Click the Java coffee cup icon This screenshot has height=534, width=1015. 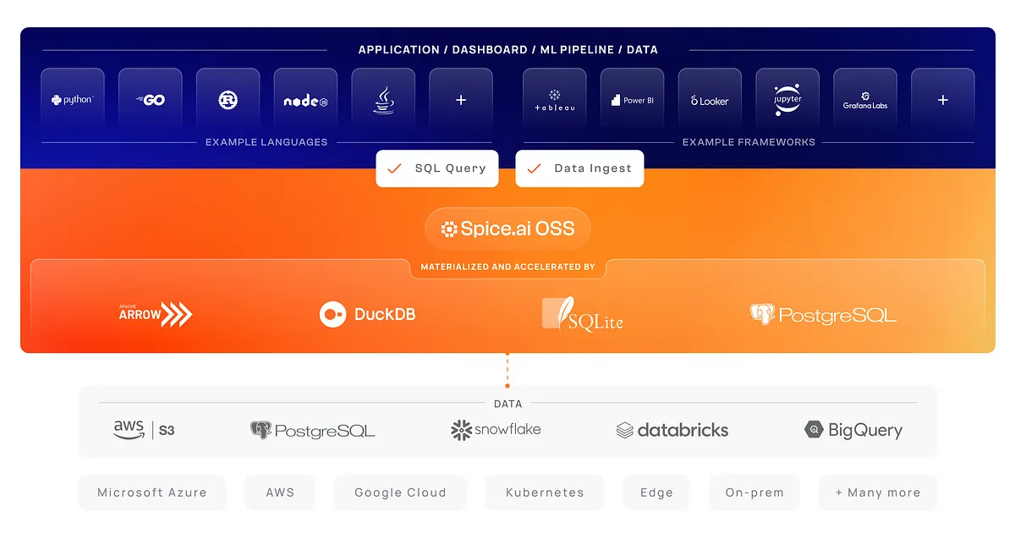(384, 100)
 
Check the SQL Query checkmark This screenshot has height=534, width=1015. (394, 168)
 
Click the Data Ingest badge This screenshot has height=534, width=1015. (579, 168)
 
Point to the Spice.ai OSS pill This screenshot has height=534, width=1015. (508, 229)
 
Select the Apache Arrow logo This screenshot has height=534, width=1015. (156, 314)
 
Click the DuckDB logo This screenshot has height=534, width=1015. (367, 314)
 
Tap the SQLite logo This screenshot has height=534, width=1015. (583, 314)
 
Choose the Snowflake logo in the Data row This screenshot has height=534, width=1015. (496, 430)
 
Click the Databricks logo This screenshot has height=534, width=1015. (672, 430)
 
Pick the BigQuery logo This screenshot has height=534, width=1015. (853, 430)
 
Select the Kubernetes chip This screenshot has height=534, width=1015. (545, 493)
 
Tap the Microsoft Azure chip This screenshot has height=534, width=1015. (151, 493)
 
